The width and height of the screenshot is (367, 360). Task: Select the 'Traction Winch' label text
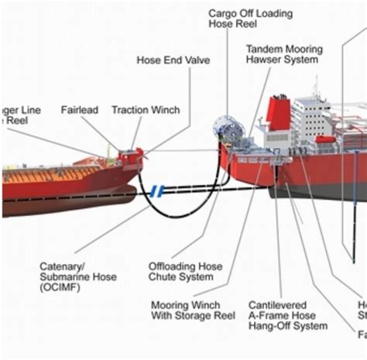[x=142, y=110]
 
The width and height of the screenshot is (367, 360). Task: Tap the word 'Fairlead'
[x=80, y=110]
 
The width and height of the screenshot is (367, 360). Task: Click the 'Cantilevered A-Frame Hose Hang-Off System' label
[x=286, y=315]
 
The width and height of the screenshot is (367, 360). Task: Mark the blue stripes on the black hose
[x=159, y=190]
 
